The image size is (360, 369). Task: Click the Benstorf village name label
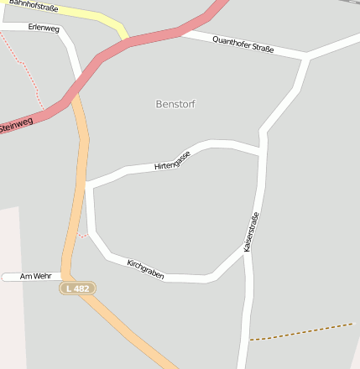(x=175, y=104)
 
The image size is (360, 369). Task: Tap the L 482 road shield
(x=78, y=288)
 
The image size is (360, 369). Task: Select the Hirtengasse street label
(x=173, y=160)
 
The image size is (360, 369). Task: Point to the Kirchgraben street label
(x=145, y=269)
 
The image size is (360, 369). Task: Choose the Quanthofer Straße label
(x=243, y=44)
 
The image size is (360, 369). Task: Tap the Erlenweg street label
(x=44, y=28)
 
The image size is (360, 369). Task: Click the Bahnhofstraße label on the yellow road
(x=34, y=8)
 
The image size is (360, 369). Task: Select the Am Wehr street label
(x=36, y=276)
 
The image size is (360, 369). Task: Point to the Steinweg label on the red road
(x=17, y=126)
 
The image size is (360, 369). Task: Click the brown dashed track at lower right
(x=302, y=331)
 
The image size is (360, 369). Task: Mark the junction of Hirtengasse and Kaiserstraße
(x=263, y=153)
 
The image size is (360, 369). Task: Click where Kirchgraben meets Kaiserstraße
(x=246, y=252)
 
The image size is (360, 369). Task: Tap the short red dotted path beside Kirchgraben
(x=81, y=236)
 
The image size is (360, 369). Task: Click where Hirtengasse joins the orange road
(x=86, y=183)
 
